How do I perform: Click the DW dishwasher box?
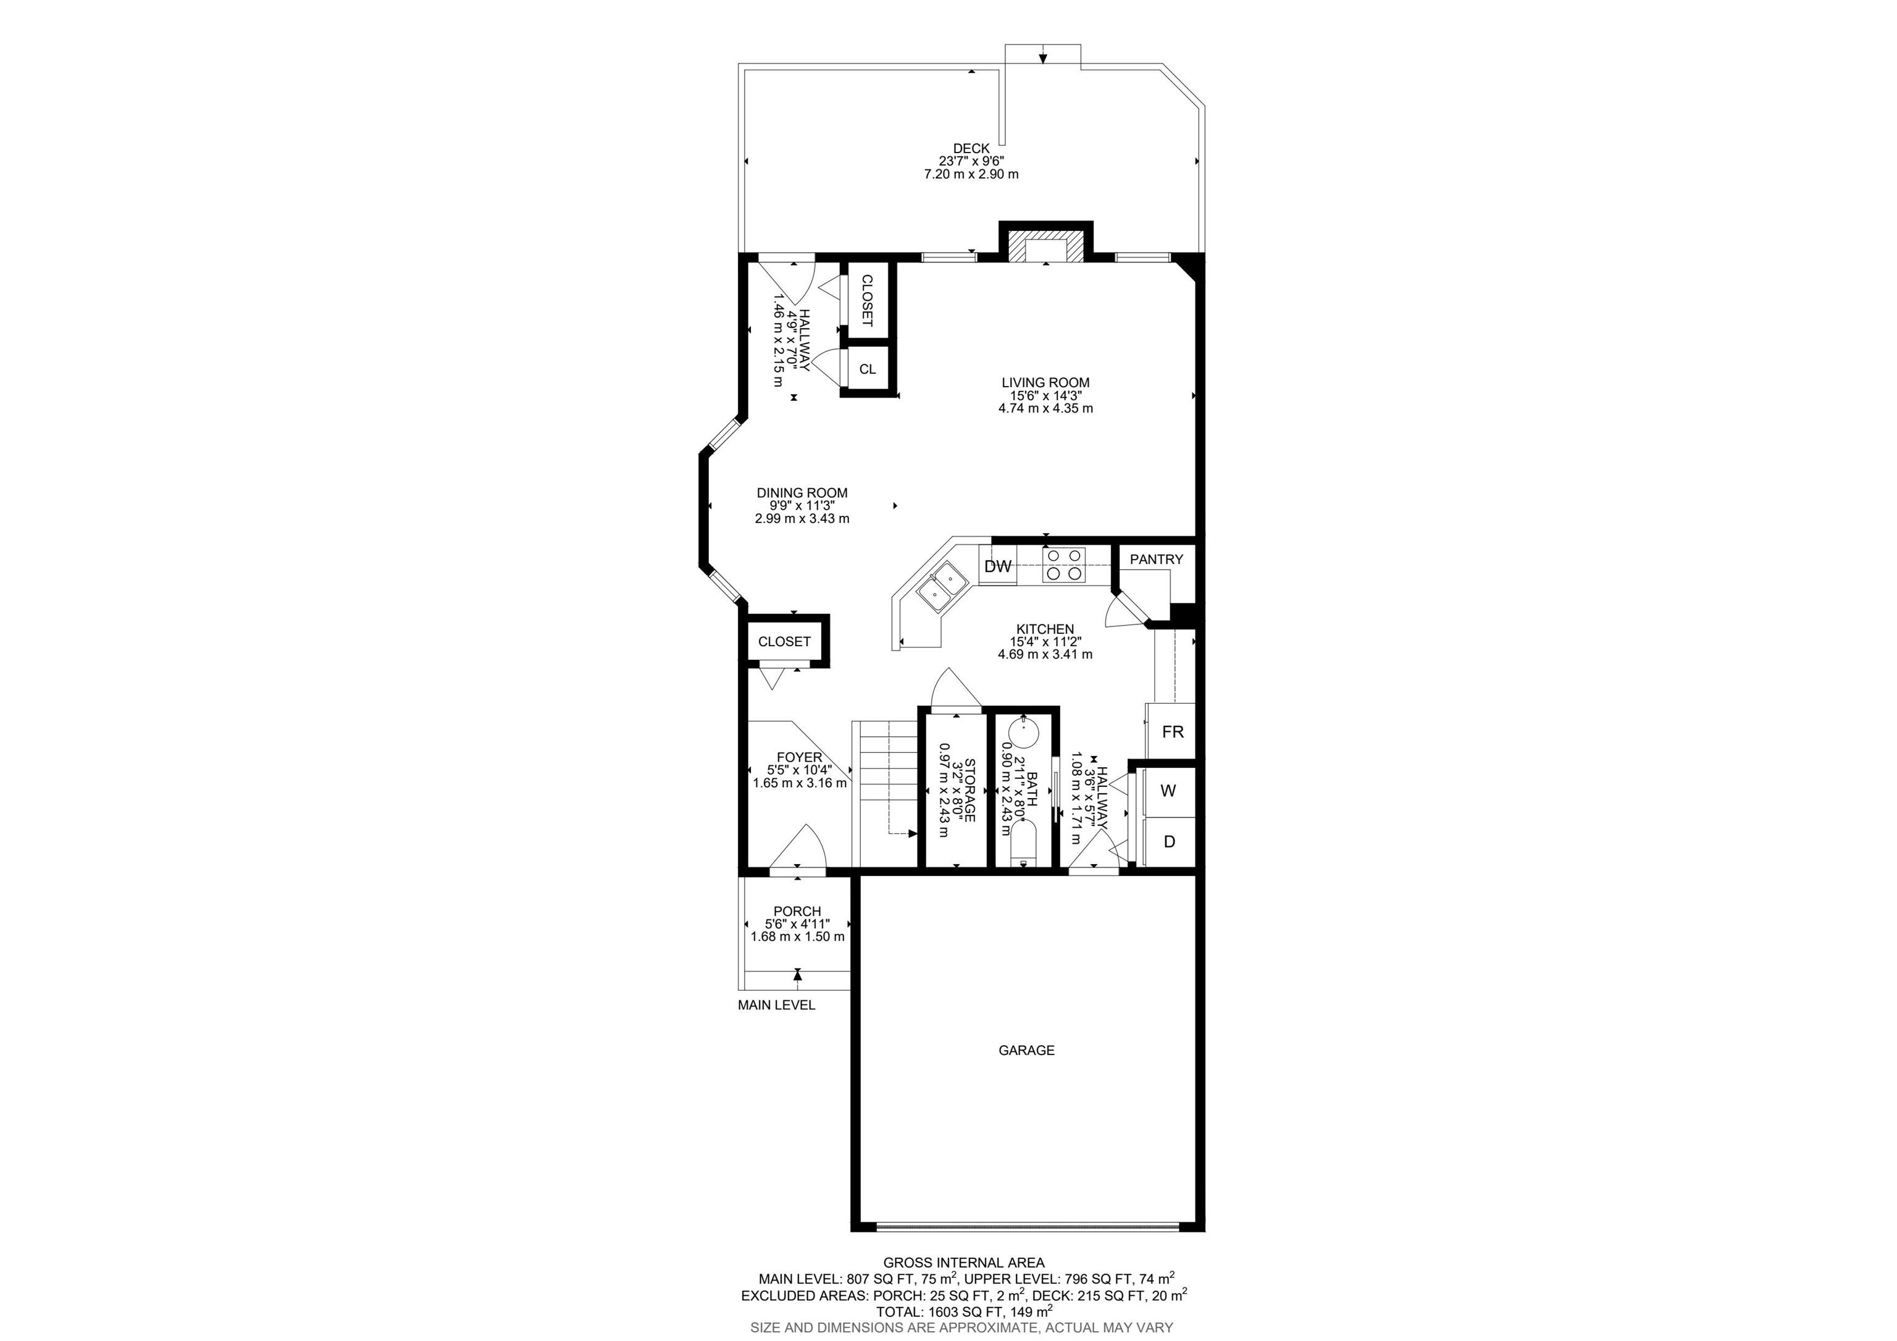[x=998, y=566]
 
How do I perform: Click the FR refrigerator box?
[x=1171, y=731]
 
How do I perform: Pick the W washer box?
[x=1168, y=791]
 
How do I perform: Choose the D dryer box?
[x=1168, y=842]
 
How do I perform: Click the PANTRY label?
[x=1156, y=560]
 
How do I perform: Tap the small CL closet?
[x=868, y=369]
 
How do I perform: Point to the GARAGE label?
[x=1026, y=1050]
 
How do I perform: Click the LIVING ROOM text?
[x=1045, y=382]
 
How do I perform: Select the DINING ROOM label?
[x=802, y=492]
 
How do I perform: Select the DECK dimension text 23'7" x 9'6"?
[x=971, y=161]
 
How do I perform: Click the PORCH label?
[x=797, y=911]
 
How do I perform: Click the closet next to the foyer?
[x=784, y=641]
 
